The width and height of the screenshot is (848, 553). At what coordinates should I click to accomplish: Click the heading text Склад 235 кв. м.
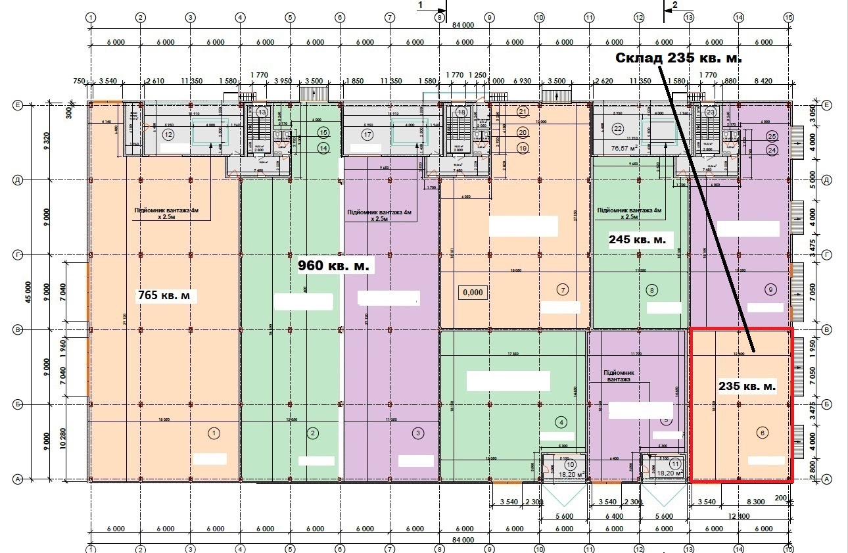click(678, 58)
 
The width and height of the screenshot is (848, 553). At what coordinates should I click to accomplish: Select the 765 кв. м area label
click(168, 296)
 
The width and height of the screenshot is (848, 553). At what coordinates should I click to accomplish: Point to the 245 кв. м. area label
click(637, 240)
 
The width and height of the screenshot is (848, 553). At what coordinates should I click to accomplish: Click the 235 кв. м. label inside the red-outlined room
click(747, 387)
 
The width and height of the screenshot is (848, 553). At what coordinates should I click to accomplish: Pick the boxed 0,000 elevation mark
click(472, 292)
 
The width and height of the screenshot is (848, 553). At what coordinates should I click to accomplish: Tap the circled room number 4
click(561, 421)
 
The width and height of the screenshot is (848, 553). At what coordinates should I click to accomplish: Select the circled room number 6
click(762, 433)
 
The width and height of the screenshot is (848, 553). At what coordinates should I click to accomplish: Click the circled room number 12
click(168, 135)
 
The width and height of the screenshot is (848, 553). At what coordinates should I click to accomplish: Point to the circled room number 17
click(367, 135)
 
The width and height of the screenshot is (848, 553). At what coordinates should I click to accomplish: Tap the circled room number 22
click(617, 128)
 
